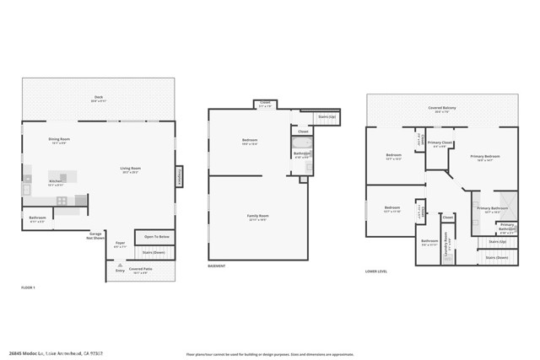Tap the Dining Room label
tap(59, 140)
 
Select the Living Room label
tap(130, 169)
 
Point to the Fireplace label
tap(179, 177)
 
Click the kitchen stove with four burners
tap(62, 200)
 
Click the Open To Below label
tap(154, 238)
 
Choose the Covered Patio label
tap(140, 271)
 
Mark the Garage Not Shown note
tap(96, 237)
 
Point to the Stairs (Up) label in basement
tap(326, 116)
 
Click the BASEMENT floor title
tap(217, 266)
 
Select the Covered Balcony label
tap(441, 109)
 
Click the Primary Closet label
tap(440, 143)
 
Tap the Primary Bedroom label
tap(485, 157)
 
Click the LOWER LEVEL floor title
tap(375, 271)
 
